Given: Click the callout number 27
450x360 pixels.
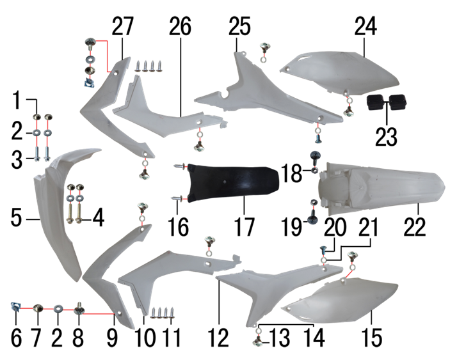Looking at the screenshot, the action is click(122, 26).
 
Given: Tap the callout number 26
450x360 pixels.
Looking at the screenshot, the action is click(180, 26).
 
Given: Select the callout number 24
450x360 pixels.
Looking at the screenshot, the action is click(366, 26).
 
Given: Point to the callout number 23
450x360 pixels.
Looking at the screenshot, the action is click(386, 137).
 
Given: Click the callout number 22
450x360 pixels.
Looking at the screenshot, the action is click(415, 227).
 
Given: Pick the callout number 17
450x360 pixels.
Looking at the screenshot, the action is click(245, 227).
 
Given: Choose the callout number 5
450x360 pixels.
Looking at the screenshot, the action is click(17, 217).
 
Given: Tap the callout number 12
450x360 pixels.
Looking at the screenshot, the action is click(218, 338).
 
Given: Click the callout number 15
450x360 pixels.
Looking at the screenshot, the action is click(372, 338).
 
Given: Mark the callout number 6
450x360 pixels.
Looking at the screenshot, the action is click(16, 338).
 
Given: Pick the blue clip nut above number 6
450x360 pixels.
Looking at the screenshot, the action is click(15, 306).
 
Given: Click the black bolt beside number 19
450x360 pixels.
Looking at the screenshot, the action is click(312, 217).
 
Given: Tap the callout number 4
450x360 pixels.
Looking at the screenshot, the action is click(98, 217).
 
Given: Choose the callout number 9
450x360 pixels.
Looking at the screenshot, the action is click(112, 338).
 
